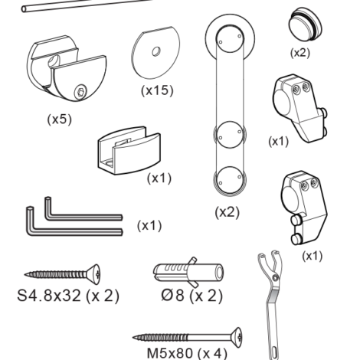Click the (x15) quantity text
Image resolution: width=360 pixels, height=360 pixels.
pos(157,90)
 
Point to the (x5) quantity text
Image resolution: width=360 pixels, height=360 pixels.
pos(60,119)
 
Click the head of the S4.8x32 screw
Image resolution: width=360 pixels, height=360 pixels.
pos(94,274)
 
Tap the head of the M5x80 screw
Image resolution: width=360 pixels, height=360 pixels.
pos(237,337)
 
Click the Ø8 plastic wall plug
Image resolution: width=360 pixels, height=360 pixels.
pos(188,272)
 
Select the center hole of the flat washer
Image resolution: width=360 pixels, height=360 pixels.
pos(156,51)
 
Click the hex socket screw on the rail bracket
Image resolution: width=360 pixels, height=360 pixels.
pos(80,92)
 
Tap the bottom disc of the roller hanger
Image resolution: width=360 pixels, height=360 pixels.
pos(230,181)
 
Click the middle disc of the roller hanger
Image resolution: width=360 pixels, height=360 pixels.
pos(230,135)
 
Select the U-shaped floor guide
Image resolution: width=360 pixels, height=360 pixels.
pos(129,151)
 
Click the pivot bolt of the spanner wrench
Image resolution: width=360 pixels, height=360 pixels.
pos(275,277)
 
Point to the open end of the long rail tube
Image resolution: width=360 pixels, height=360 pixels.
pos(24,9)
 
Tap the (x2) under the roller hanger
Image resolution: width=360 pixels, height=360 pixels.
pos(227,212)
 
